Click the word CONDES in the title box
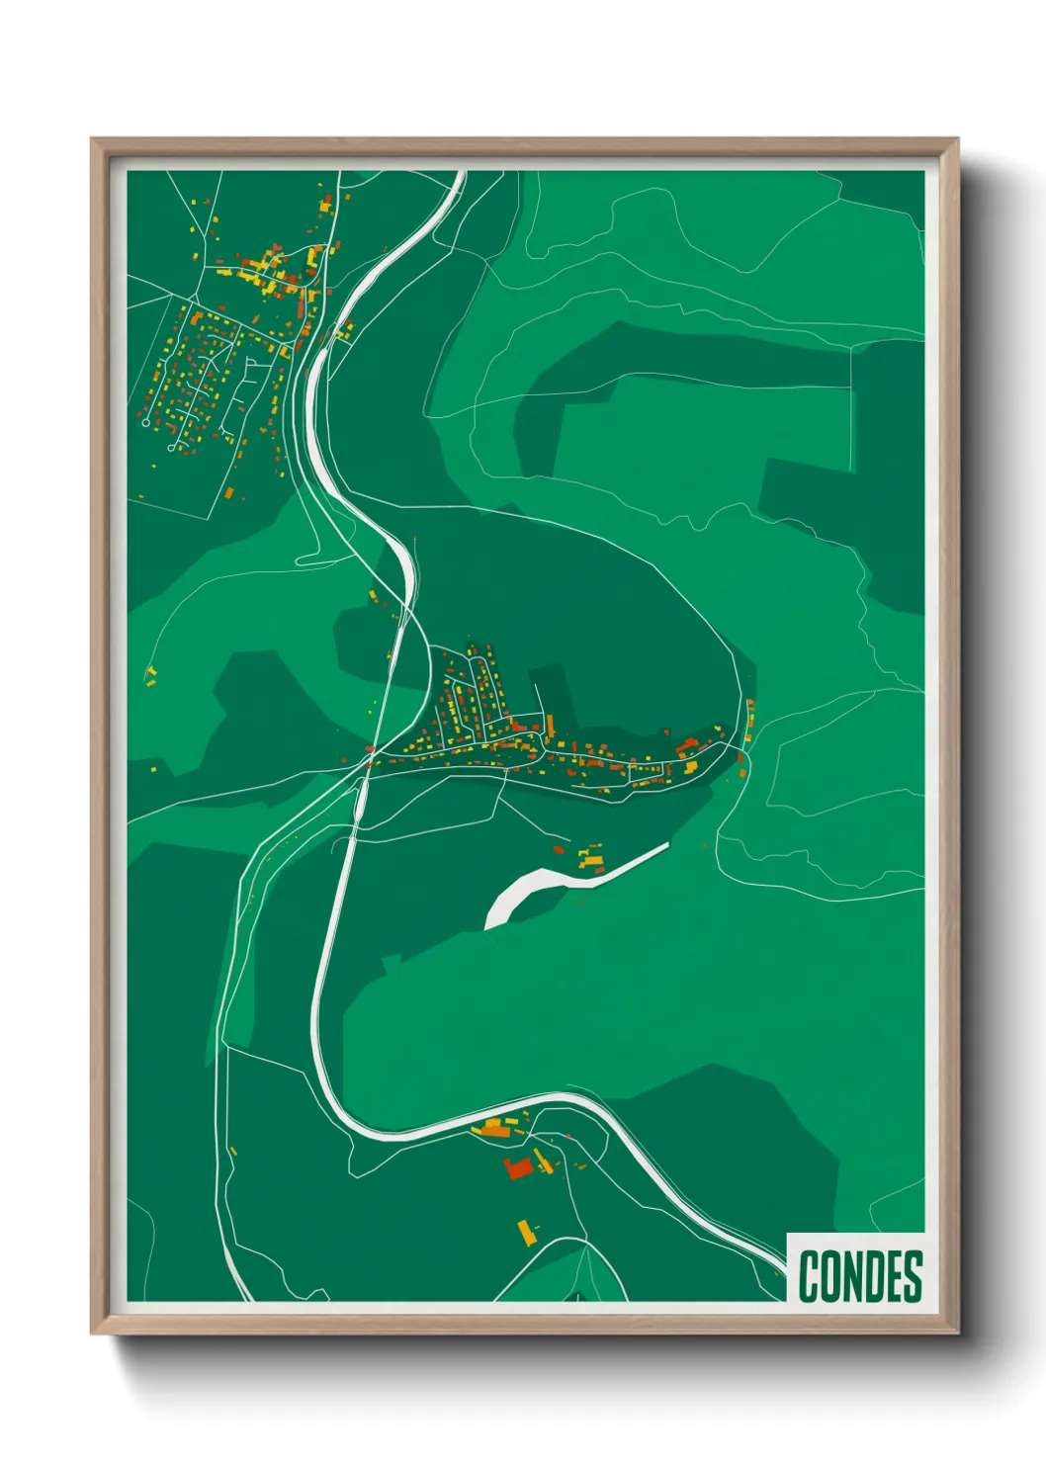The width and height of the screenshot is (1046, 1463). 859,1276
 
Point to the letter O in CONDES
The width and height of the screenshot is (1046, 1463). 829,1276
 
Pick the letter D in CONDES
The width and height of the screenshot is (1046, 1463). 871,1276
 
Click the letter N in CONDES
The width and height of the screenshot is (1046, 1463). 850,1276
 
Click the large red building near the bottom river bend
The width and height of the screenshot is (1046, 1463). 517,1167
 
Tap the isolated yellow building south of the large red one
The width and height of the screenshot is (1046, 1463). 527,1233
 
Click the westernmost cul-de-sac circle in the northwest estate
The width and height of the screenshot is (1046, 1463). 147,422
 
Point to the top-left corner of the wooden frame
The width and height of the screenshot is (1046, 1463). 93,139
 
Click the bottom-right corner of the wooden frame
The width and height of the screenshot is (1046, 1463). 957,1332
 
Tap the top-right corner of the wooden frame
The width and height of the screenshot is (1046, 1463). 957,139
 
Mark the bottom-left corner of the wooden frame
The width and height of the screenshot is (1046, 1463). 93,1332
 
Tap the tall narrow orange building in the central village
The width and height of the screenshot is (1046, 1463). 550,726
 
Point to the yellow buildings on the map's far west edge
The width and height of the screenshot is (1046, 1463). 151,675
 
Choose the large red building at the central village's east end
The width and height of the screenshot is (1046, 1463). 686,744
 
